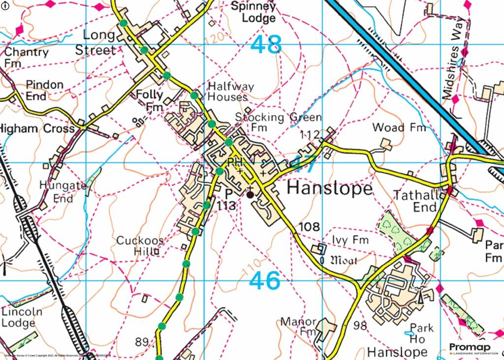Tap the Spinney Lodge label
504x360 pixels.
point(253,13)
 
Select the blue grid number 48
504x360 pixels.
point(266,45)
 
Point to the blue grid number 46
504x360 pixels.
point(265,281)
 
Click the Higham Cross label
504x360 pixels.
point(37,129)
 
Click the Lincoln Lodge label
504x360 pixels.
point(22,318)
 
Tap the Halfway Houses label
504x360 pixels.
point(230,92)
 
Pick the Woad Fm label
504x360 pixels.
point(399,128)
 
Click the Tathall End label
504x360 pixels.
point(415,201)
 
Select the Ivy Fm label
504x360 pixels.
point(350,240)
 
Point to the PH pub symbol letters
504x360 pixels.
point(233,163)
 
